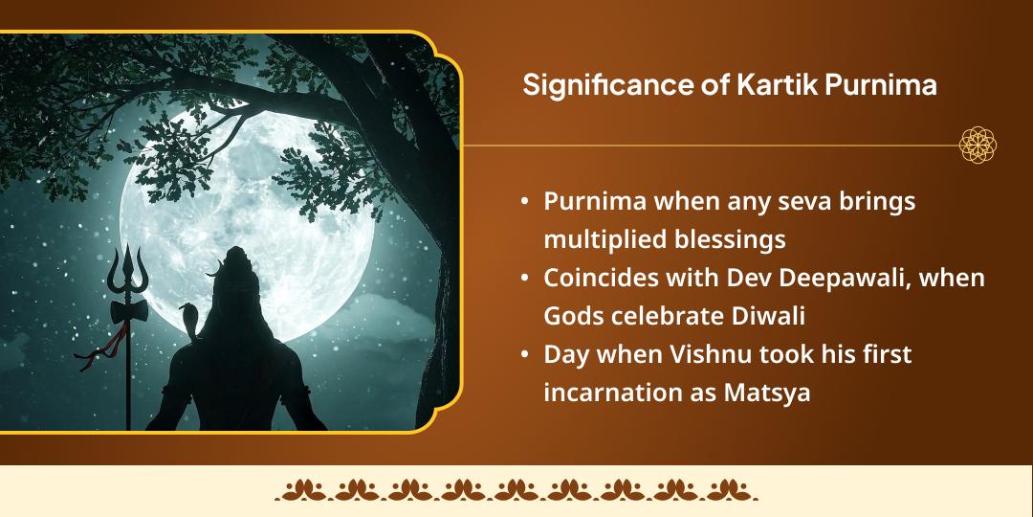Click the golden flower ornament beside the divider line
tap(978, 145)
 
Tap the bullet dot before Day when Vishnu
tap(524, 354)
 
